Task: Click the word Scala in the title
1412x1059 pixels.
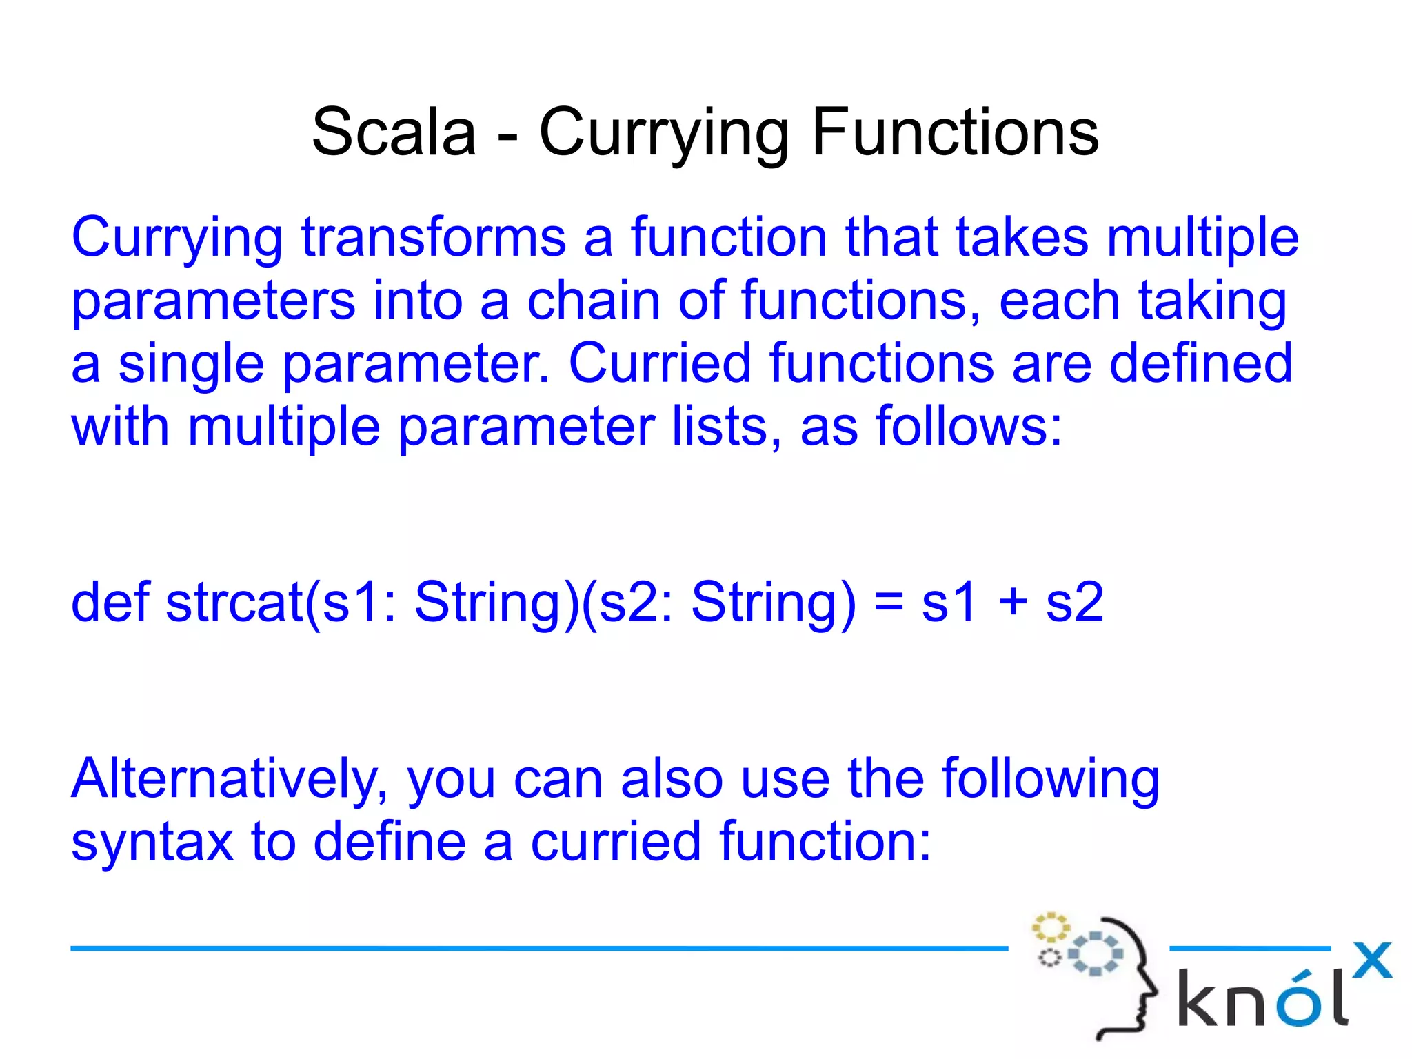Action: (394, 132)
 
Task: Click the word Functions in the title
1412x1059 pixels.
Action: (955, 132)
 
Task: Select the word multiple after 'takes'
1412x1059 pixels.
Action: (1202, 238)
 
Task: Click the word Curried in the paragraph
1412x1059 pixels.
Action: (659, 363)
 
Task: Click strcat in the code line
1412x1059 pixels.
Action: (234, 603)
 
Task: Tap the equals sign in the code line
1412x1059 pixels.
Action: (889, 603)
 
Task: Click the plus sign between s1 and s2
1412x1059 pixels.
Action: (1013, 603)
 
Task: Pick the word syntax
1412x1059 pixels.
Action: (152, 843)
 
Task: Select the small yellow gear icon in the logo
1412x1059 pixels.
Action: (1050, 927)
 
